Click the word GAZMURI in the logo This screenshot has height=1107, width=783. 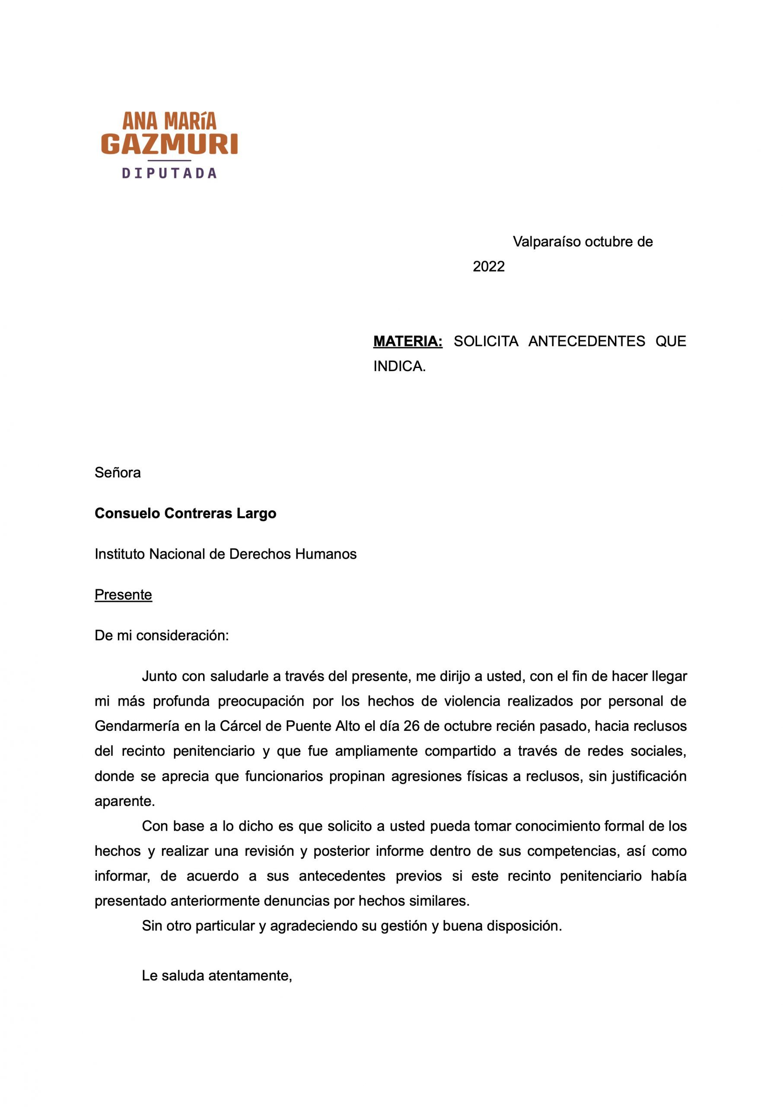(x=169, y=144)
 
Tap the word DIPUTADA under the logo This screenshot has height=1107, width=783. (x=169, y=173)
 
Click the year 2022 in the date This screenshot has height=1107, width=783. (x=488, y=267)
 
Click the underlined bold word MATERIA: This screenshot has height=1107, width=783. (x=408, y=342)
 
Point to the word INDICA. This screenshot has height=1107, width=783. (x=399, y=367)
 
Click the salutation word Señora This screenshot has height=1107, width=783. (x=118, y=473)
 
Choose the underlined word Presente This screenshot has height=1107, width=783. (x=124, y=595)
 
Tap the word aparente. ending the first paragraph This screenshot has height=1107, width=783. (x=125, y=801)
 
